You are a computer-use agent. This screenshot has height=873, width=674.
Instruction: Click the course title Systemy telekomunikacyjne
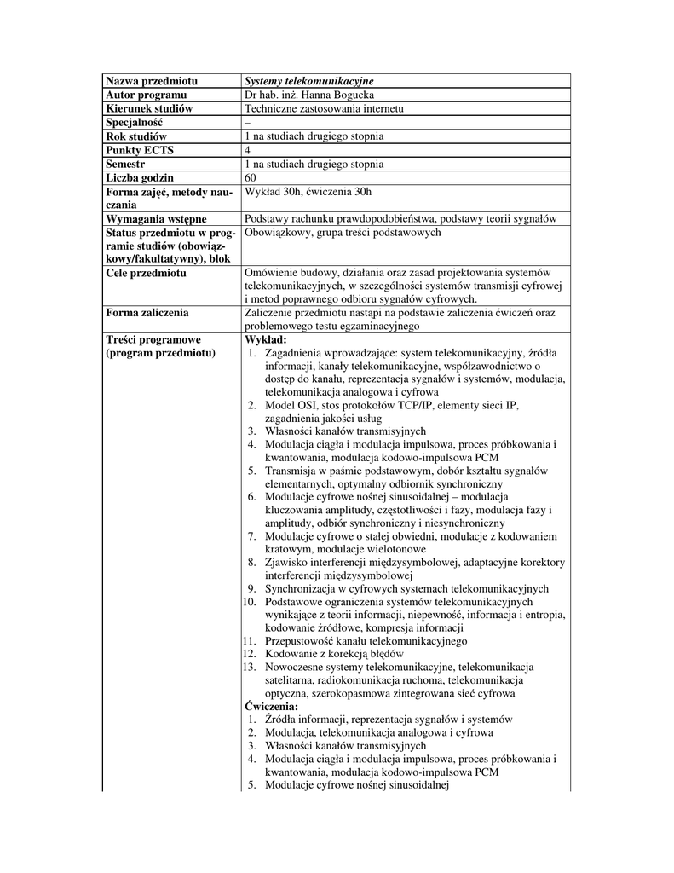coord(303,81)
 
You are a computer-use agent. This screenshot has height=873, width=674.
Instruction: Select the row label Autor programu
coord(146,95)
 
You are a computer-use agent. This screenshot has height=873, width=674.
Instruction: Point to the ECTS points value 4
coord(247,150)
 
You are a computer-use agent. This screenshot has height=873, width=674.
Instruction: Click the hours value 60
coord(251,177)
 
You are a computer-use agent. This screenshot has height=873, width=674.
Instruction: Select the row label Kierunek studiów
coord(149,108)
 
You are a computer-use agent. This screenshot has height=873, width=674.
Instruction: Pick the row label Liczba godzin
coord(140,177)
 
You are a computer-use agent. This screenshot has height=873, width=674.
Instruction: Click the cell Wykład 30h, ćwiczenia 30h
coord(308,191)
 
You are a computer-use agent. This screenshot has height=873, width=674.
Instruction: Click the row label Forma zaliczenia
coord(147,313)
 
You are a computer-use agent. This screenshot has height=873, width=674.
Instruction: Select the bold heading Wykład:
coord(265,339)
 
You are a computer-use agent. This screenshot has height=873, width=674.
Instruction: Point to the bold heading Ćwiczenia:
coord(271,707)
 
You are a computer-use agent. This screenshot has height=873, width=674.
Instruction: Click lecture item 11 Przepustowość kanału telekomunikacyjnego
coord(366,640)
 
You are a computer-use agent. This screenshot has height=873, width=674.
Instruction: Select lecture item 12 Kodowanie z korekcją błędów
coord(340,654)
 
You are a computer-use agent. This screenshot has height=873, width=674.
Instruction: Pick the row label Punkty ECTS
coord(140,150)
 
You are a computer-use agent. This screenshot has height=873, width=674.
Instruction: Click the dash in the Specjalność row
coord(247,122)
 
